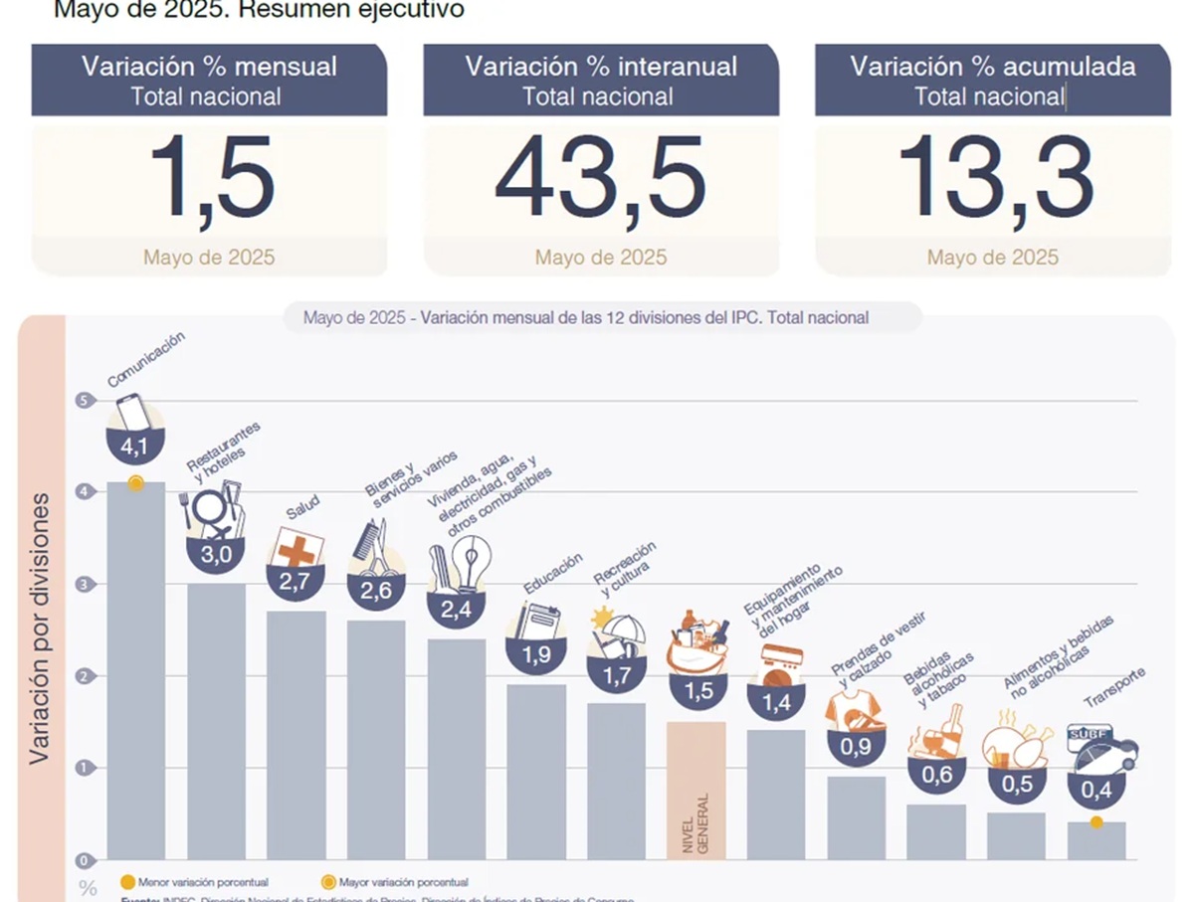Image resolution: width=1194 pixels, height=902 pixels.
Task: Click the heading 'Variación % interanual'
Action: coord(601,67)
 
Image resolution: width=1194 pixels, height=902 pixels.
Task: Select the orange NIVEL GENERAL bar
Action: coord(696,790)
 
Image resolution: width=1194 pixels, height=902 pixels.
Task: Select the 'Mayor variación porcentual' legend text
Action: coord(403,882)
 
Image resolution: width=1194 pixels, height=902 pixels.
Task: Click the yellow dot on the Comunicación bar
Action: coord(136,483)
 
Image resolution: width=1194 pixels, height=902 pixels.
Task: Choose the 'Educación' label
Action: coord(552,574)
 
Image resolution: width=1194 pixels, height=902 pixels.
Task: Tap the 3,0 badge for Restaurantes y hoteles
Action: coord(216,555)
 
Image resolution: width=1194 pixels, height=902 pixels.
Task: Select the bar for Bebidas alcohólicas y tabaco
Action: coord(935,831)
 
